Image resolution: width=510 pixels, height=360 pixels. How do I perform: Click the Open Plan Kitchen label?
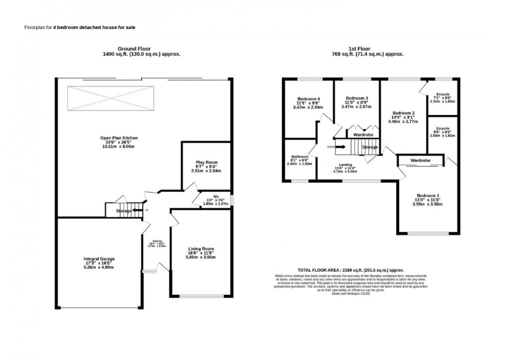tap(119, 138)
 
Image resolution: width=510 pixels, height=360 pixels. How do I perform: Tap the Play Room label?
tap(207, 162)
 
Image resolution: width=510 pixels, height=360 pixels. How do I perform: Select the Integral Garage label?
tap(99, 259)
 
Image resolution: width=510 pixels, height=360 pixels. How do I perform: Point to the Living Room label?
tap(201, 249)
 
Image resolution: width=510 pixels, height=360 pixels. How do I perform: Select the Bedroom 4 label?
tap(308, 99)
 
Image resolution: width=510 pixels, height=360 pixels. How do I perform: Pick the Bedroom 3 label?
tap(357, 98)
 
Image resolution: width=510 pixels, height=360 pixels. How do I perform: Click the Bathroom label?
tap(300, 157)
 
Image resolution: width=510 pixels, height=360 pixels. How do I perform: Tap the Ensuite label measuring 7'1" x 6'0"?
tap(443, 94)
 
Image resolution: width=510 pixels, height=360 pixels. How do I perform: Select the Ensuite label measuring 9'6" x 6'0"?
tap(443, 129)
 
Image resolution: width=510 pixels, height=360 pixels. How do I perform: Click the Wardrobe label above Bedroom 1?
tap(420, 160)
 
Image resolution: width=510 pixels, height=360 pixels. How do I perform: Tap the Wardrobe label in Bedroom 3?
tap(363, 135)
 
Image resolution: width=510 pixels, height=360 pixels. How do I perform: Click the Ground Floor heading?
tap(134, 49)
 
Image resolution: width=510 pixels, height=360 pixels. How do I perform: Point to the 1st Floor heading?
tap(359, 49)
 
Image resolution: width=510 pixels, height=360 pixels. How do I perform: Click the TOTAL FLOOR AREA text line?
tap(351, 270)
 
